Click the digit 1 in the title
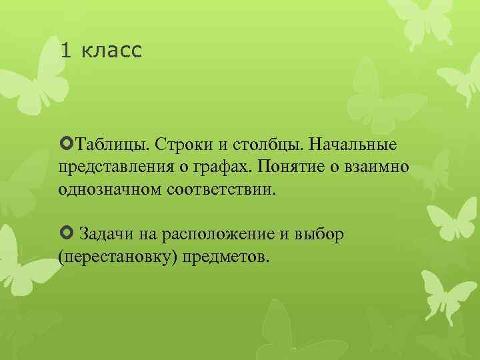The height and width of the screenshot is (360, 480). pyautogui.click(x=65, y=51)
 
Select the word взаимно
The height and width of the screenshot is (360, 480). pyautogui.click(x=376, y=167)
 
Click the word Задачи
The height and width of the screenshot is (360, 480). pyautogui.click(x=107, y=234)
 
